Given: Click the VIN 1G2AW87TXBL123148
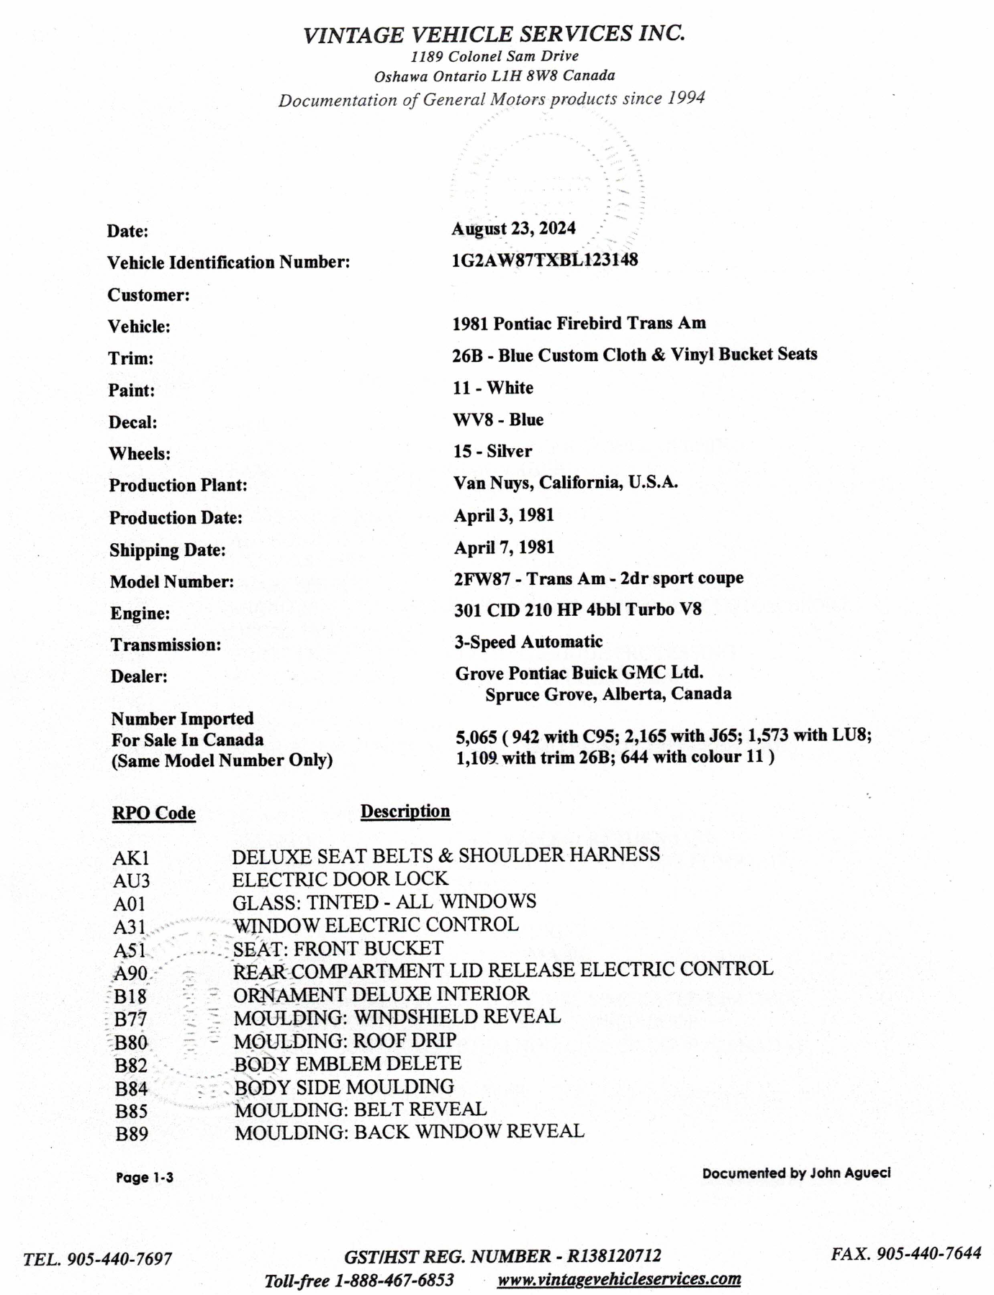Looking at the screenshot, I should (x=544, y=260).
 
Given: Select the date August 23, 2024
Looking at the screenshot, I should (x=513, y=228).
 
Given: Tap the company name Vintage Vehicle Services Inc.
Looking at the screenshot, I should (x=494, y=34).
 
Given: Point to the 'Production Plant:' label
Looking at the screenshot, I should (x=178, y=486).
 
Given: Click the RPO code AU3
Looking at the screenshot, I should (x=131, y=881).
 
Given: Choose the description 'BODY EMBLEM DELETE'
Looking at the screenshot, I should (x=348, y=1063).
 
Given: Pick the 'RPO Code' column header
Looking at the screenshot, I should (x=153, y=813).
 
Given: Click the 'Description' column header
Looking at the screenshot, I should (x=405, y=812).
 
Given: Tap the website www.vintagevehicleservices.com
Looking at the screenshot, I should (x=619, y=1278).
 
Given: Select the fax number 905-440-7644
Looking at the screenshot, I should (x=934, y=1253).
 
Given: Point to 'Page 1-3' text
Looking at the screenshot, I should (x=145, y=1178).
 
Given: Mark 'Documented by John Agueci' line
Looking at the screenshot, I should (x=796, y=1173).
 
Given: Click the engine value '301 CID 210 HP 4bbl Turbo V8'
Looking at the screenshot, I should (x=577, y=610).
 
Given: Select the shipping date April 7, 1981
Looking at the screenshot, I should (x=504, y=547).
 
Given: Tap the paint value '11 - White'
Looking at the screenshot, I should (x=493, y=388).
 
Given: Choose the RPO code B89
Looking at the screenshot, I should (x=132, y=1135).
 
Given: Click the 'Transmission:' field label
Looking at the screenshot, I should (x=166, y=645).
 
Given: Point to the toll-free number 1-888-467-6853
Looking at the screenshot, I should (x=394, y=1281).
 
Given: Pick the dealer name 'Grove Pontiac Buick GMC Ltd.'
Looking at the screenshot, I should (x=579, y=673).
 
